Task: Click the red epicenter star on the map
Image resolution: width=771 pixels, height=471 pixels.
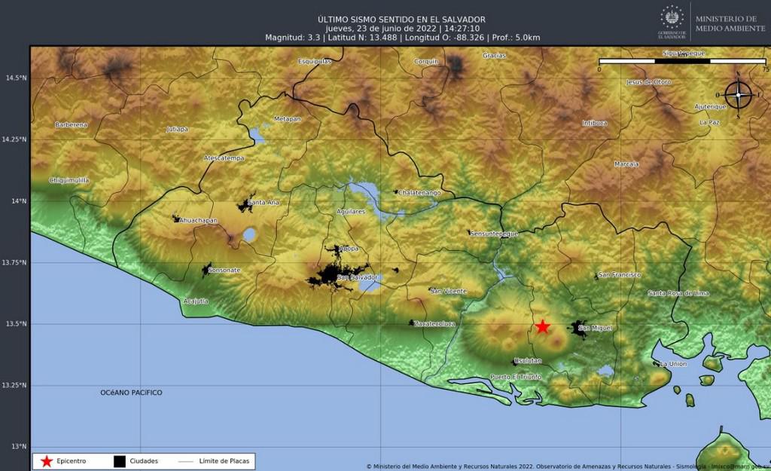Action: tap(542, 326)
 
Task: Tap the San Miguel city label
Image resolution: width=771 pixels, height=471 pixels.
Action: tap(592, 328)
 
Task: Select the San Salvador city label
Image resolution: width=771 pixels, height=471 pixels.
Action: tap(357, 278)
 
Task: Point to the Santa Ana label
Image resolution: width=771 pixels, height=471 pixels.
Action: tap(264, 202)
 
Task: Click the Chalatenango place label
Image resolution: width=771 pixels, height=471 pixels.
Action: tap(419, 192)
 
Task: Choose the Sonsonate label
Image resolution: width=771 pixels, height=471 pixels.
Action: tap(224, 270)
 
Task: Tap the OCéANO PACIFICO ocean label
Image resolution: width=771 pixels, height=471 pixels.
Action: tap(131, 393)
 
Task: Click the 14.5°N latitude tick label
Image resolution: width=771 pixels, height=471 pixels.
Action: tap(15, 78)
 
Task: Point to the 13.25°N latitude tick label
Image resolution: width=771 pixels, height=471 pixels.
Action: tap(15, 385)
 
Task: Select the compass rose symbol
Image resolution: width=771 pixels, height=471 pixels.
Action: tap(739, 95)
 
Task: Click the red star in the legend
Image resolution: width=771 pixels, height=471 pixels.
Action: tap(47, 460)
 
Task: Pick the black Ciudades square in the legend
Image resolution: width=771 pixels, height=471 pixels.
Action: tap(119, 460)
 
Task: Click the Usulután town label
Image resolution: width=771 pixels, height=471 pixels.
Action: tap(528, 361)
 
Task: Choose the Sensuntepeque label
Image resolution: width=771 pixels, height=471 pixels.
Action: tap(494, 234)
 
